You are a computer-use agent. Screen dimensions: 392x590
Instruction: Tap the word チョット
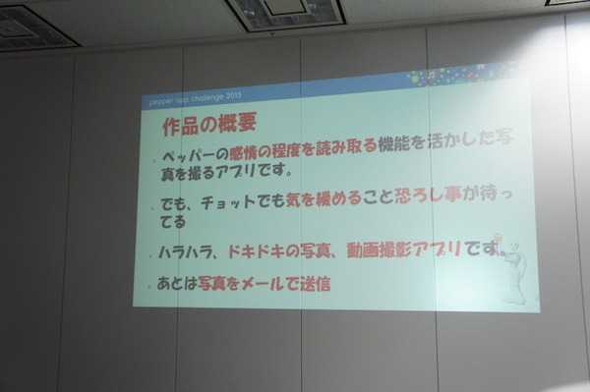[226, 204]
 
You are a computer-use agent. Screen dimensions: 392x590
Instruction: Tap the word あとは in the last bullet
[176, 285]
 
